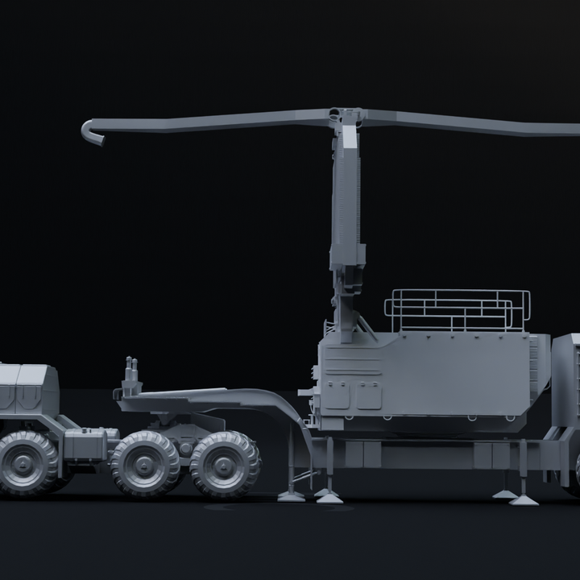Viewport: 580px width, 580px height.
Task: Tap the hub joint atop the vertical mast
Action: (x=346, y=116)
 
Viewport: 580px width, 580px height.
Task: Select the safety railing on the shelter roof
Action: (x=457, y=310)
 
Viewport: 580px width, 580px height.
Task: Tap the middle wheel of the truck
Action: (x=145, y=462)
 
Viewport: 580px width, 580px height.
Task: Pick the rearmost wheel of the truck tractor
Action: (x=226, y=464)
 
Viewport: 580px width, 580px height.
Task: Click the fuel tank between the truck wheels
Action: (x=85, y=444)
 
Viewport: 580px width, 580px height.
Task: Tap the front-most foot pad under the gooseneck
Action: (x=292, y=495)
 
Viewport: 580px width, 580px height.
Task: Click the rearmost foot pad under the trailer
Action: (x=524, y=499)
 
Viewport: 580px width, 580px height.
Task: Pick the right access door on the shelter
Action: (x=369, y=396)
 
